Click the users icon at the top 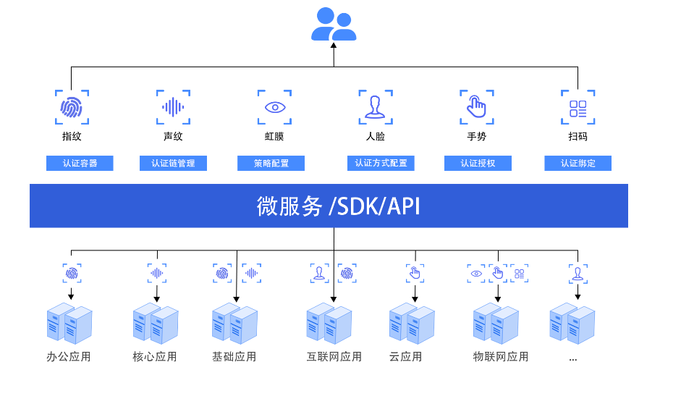point(334,24)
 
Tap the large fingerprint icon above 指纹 point(72,107)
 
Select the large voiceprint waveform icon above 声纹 point(173,107)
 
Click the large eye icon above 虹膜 point(274,107)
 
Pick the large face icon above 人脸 point(375,107)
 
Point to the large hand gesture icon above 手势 point(476,107)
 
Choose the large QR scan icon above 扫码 point(578,107)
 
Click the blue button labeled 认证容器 point(80,163)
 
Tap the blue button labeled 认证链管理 point(173,163)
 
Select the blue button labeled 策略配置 point(271,163)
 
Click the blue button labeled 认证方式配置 point(381,163)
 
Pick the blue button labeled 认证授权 point(478,163)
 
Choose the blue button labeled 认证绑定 point(578,163)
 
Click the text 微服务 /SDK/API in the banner point(338,206)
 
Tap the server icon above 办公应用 point(69,324)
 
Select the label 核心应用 point(155,357)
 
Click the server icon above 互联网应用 point(329,324)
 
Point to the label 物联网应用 point(501,357)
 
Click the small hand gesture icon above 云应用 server point(415,273)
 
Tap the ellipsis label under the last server point(572,358)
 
